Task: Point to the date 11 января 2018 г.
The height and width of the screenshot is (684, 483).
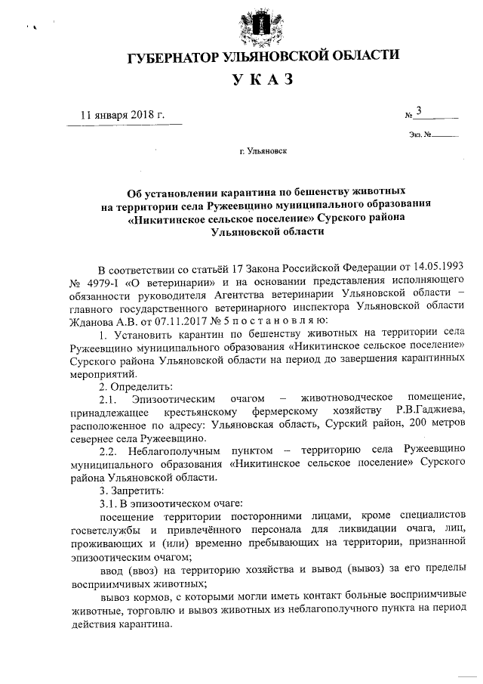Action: pos(122,115)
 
